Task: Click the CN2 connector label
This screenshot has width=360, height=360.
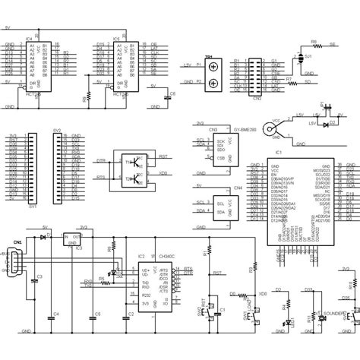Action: tap(257, 98)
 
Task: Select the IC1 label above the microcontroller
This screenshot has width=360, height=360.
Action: tap(278, 152)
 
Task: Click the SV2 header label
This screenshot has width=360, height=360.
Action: tap(57, 130)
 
